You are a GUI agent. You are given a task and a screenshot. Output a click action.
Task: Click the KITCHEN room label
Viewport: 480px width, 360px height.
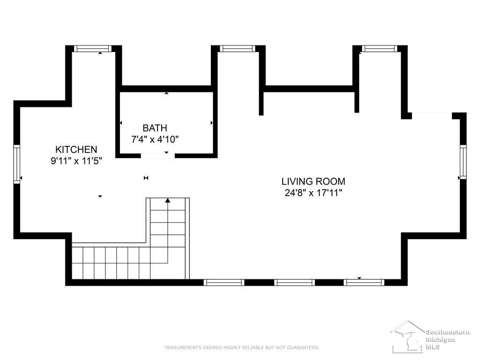coord(76,150)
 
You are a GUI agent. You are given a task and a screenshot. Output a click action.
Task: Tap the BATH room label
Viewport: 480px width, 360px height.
coord(155,127)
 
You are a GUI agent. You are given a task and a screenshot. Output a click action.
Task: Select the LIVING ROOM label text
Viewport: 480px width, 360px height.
coord(313,181)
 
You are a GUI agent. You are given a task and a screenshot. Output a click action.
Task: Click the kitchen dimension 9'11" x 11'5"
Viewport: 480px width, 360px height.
coord(76,161)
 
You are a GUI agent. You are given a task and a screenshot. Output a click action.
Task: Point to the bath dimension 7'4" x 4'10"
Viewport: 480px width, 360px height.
coord(155,139)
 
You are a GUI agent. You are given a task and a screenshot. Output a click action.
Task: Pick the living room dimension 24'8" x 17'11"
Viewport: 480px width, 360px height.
coord(313,193)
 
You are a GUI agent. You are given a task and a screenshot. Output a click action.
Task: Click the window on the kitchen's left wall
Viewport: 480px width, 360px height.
coord(17,165)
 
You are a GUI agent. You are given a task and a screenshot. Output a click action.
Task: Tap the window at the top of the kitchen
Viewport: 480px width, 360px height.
coord(93,48)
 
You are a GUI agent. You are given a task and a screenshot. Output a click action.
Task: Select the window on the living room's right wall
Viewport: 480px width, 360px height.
coord(463,162)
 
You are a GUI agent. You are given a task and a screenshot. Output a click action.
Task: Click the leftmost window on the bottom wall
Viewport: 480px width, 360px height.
coord(224,282)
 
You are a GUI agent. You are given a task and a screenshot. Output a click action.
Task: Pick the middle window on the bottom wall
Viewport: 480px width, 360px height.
coord(294,282)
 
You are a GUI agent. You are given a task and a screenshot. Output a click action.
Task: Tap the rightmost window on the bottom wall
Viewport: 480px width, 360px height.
coord(364,282)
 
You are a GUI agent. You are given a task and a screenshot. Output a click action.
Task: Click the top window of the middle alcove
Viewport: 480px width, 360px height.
coord(237,48)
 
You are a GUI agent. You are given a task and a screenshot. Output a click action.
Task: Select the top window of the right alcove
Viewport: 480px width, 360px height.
coord(380,48)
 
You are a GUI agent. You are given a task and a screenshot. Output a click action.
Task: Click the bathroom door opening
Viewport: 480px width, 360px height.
coord(157,156)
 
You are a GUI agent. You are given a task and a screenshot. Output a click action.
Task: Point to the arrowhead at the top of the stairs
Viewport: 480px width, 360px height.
coord(168,200)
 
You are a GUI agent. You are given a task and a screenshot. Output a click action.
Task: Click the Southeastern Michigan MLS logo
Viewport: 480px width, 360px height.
coord(430,337)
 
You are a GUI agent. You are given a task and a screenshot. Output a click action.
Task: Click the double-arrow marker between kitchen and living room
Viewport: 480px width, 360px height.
coord(146,178)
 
